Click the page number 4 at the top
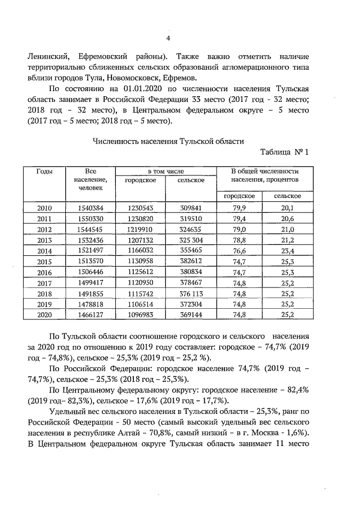(x=168, y=38)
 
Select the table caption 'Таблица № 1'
(x=285, y=152)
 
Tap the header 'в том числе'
(x=166, y=171)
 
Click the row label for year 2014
(x=44, y=250)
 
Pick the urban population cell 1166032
(x=141, y=250)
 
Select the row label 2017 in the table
(x=44, y=282)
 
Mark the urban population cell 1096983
(x=141, y=314)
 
